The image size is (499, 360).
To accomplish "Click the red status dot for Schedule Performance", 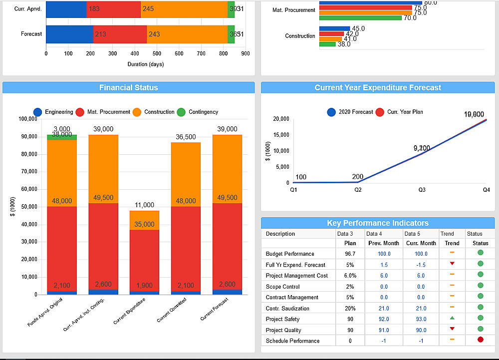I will point(481,340).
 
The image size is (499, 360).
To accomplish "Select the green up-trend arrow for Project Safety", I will point(452,318).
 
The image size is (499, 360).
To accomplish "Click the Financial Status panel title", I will point(129,88).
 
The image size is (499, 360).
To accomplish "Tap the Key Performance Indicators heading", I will point(378,223).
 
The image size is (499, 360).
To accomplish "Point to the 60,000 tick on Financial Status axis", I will point(27,189).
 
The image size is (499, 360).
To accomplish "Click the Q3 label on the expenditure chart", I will point(422,190).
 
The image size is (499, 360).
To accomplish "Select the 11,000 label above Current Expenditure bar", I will point(145,205).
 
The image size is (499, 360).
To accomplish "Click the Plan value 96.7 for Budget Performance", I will point(350,254).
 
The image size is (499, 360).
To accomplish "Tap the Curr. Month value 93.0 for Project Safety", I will point(421,319).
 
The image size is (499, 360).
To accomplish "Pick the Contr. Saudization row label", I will point(287,309).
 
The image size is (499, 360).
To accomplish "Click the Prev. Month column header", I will point(384,243).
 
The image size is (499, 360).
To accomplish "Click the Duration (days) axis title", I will point(146,64).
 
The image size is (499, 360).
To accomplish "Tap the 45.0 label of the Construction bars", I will point(358,29).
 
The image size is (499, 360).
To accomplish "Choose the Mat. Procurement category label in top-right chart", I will point(294,10).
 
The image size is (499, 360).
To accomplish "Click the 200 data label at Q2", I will point(357,177).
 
